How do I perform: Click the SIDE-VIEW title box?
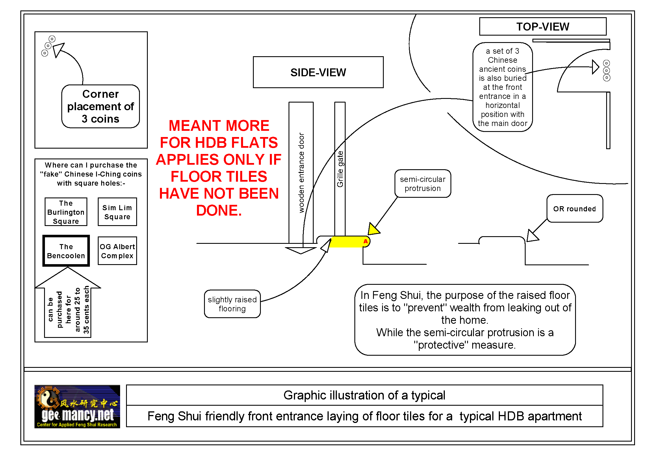pyautogui.click(x=318, y=72)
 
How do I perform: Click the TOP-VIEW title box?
pyautogui.click(x=542, y=27)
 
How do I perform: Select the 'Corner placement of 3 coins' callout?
pyautogui.click(x=101, y=106)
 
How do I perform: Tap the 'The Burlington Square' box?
pyautogui.click(x=66, y=212)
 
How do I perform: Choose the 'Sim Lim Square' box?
pyautogui.click(x=117, y=212)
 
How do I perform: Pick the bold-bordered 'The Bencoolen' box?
pyautogui.click(x=66, y=251)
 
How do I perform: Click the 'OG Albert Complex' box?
pyautogui.click(x=117, y=251)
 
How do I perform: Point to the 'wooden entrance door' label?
pyautogui.click(x=301, y=173)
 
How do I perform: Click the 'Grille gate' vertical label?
pyautogui.click(x=340, y=169)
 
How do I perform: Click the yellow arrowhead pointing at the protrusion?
pyautogui.click(x=373, y=229)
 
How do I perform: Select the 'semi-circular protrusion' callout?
pyautogui.click(x=422, y=184)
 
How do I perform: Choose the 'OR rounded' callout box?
pyautogui.click(x=574, y=208)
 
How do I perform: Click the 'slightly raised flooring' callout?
pyautogui.click(x=232, y=304)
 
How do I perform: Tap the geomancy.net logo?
pyautogui.click(x=77, y=406)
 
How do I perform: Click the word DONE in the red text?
pyautogui.click(x=219, y=210)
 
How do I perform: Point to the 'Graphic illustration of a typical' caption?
pyautogui.click(x=364, y=395)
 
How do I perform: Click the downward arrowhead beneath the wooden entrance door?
pyautogui.click(x=301, y=250)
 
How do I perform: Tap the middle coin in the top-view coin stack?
pyautogui.click(x=606, y=71)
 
